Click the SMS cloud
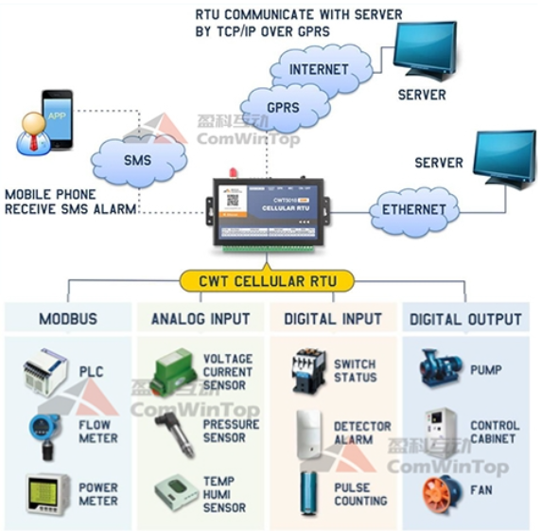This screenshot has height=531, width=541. (x=138, y=160)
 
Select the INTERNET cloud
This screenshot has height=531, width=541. (x=318, y=69)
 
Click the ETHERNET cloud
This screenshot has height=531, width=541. (x=413, y=209)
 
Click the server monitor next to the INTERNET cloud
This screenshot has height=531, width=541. (x=427, y=53)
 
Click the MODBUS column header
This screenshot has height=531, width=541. (x=68, y=319)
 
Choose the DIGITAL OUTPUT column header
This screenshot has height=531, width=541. (x=465, y=319)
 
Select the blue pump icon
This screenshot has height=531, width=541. (x=442, y=369)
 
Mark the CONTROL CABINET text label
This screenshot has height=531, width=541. (x=494, y=433)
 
